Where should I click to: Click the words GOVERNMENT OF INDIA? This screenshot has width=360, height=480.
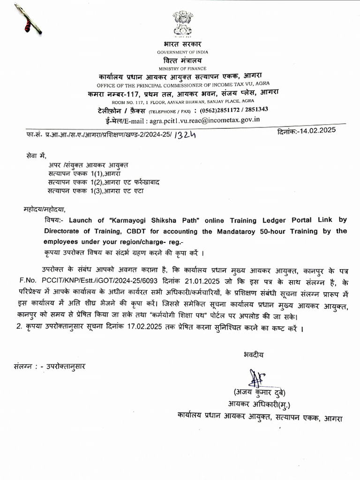pyautogui.click(x=182, y=52)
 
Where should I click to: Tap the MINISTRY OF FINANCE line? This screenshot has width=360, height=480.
pyautogui.click(x=182, y=68)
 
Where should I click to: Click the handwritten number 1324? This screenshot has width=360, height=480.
pyautogui.click(x=185, y=135)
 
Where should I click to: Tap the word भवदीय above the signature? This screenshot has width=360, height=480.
pyautogui.click(x=253, y=355)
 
